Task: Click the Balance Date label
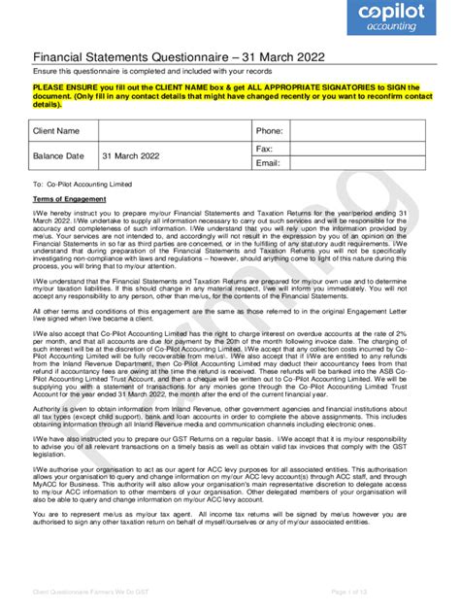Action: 60,155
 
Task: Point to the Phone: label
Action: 269,130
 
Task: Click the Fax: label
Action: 264,149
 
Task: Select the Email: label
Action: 269,163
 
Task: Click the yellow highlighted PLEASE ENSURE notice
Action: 229,95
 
